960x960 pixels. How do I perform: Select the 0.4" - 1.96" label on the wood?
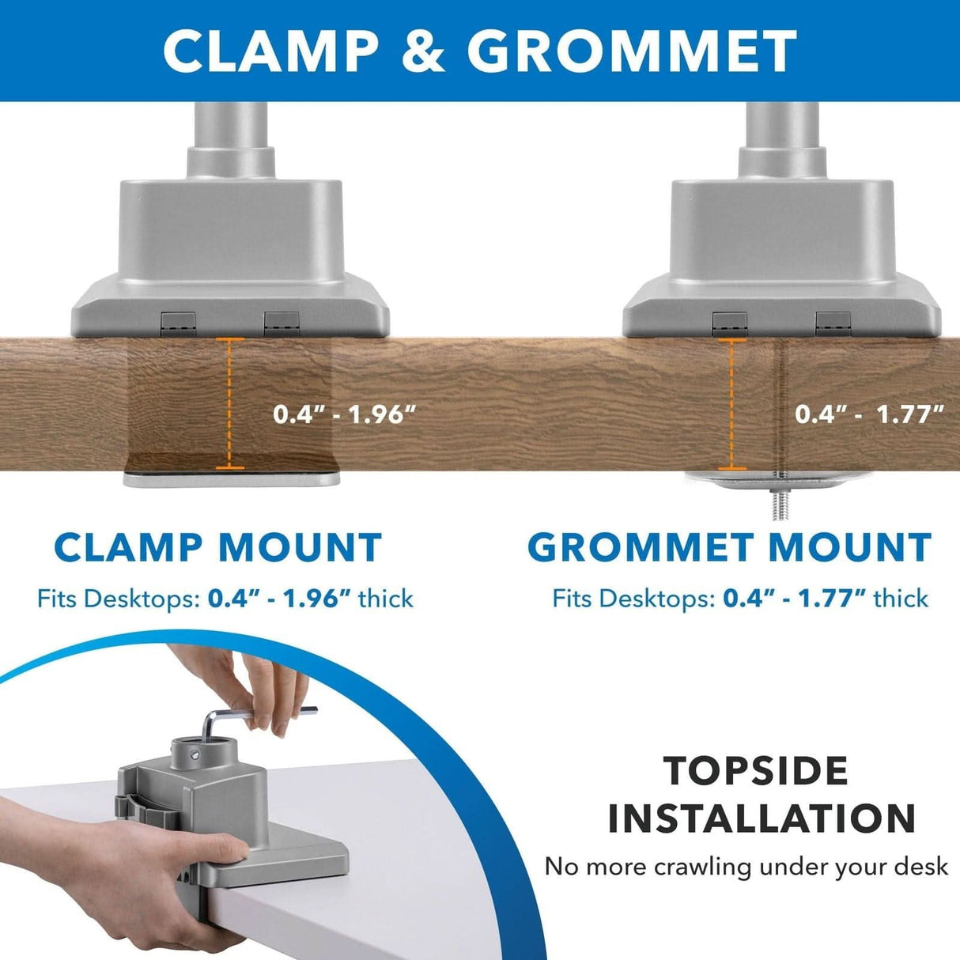point(344,414)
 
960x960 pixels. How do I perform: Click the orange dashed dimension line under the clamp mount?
point(229,403)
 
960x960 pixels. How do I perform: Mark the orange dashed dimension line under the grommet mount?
point(731,403)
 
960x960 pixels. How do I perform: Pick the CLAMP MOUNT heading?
point(217,547)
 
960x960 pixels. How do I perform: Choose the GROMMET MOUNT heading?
point(729,547)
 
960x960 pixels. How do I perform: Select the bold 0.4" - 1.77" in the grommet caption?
point(794,599)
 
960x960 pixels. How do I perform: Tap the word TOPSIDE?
point(757,771)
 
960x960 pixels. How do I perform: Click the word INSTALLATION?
point(762,818)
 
